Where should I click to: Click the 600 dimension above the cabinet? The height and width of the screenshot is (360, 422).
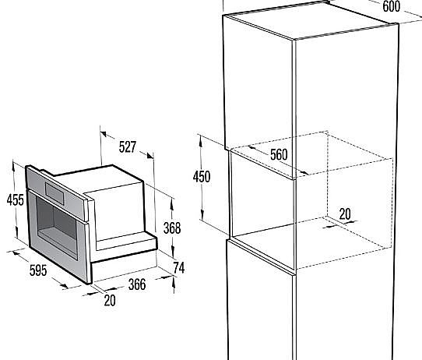tap(391, 6)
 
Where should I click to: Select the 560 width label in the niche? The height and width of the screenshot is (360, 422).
tap(279, 154)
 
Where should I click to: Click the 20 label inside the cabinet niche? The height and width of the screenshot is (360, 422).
tap(345, 213)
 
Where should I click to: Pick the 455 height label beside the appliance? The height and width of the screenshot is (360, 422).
tap(12, 200)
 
